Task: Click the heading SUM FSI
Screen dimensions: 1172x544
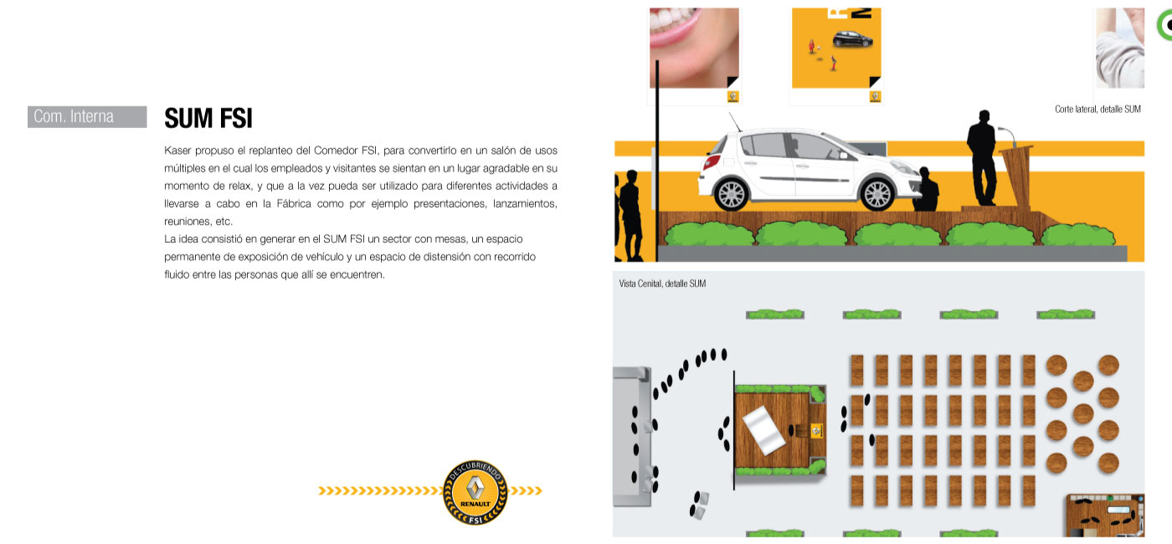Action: coord(208,118)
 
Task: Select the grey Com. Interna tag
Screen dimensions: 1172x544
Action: coord(87,116)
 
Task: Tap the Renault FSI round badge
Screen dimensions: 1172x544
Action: coord(475,492)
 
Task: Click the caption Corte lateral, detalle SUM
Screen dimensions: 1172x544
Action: coord(1097,110)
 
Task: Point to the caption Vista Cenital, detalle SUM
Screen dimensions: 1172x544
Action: coord(662,284)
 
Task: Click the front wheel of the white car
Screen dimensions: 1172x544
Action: coord(877,194)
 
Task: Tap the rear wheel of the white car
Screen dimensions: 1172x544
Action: coord(732,194)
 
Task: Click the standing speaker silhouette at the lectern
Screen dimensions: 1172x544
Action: coord(982,157)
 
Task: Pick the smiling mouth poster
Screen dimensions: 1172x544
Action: coord(694,48)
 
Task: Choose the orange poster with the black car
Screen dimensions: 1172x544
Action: coord(836,48)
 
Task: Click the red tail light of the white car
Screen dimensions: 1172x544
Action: coord(711,161)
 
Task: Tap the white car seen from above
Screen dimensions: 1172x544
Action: coord(763,430)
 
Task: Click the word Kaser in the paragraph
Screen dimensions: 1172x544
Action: coord(177,151)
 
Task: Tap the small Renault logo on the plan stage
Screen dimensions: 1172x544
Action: coord(816,431)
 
